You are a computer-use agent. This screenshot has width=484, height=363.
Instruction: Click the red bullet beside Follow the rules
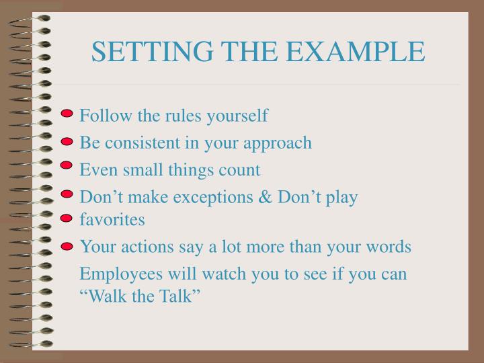pos(67,114)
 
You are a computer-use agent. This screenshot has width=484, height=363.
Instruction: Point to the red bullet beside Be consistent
pos(67,141)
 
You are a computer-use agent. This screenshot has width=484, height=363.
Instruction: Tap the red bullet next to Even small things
pos(66,165)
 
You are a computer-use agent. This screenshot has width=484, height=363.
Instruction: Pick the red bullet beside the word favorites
pos(66,218)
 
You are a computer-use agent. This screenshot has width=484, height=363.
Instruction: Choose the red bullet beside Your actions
pos(66,247)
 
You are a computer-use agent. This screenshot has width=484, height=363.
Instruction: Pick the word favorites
pos(112,219)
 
